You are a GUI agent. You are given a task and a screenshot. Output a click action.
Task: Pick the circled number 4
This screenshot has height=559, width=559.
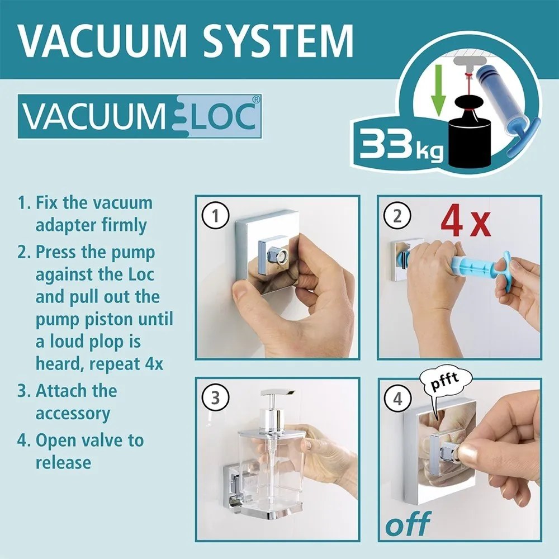[x=397, y=399]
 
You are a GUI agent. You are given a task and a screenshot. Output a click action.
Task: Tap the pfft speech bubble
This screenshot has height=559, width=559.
[x=444, y=382]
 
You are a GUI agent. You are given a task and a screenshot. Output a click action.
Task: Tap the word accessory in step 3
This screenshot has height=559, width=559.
[x=72, y=414]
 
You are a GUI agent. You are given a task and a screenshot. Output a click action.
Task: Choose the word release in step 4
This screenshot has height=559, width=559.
[x=63, y=463]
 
